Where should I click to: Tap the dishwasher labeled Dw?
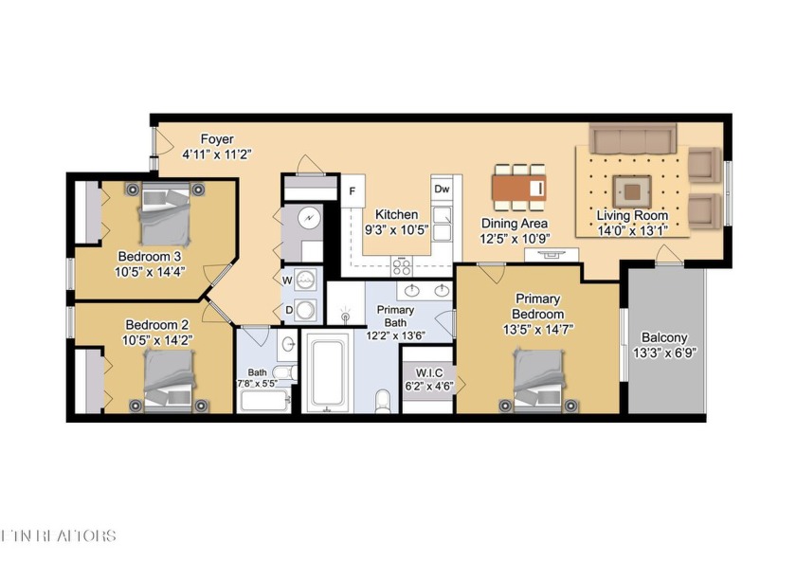[442, 189]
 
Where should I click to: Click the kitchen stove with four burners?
[402, 265]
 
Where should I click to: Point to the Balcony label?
[664, 337]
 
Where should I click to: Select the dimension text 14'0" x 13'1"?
[632, 229]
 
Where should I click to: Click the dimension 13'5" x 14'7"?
[537, 329]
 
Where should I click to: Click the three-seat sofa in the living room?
[632, 140]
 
